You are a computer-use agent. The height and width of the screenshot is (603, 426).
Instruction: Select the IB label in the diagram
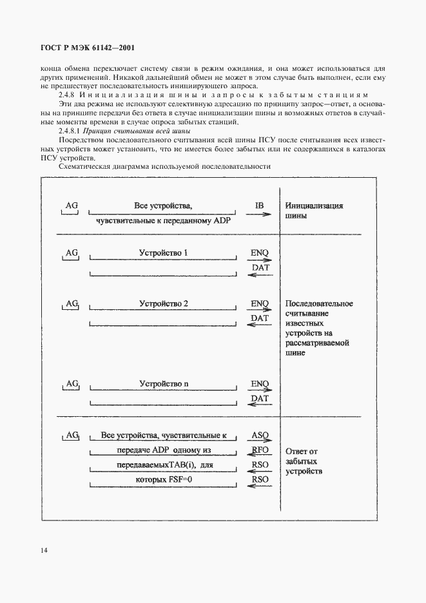259,206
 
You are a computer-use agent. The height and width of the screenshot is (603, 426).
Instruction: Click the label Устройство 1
164,253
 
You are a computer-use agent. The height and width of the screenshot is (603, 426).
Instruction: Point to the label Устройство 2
164,303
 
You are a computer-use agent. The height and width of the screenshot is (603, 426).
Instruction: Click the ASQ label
259,435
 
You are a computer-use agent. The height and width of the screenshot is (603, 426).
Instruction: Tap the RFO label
259,450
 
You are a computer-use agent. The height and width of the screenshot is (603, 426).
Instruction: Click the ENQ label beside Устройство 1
259,253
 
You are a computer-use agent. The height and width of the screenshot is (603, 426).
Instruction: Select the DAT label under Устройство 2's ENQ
259,318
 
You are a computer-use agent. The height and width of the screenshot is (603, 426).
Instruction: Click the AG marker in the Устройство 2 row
72,303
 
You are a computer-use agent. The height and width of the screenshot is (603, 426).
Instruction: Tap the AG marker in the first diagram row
72,206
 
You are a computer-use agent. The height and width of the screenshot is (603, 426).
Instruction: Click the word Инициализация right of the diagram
313,206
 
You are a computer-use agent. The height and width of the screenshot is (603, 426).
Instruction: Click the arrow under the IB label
259,216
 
